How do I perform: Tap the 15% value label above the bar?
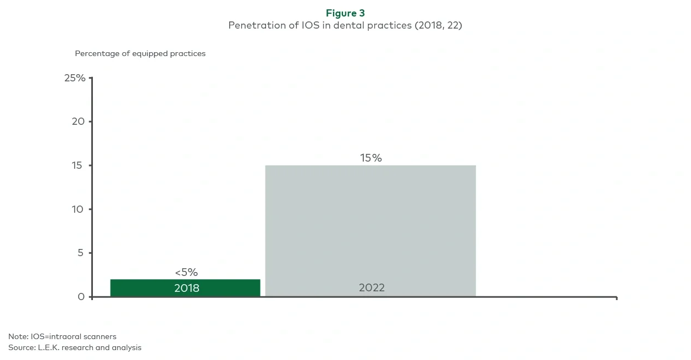pos(371,158)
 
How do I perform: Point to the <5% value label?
pos(186,273)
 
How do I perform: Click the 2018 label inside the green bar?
pos(186,288)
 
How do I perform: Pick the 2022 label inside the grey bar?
pos(372,287)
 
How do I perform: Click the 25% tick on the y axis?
pos(75,78)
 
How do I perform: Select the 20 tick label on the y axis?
pos(79,121)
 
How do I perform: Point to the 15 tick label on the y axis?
pos(79,165)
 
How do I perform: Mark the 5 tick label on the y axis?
pos(81,253)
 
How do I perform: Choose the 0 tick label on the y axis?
pos(81,297)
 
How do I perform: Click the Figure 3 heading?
pos(345,13)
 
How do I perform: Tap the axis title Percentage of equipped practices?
pos(140,54)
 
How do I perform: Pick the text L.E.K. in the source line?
pos(49,347)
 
